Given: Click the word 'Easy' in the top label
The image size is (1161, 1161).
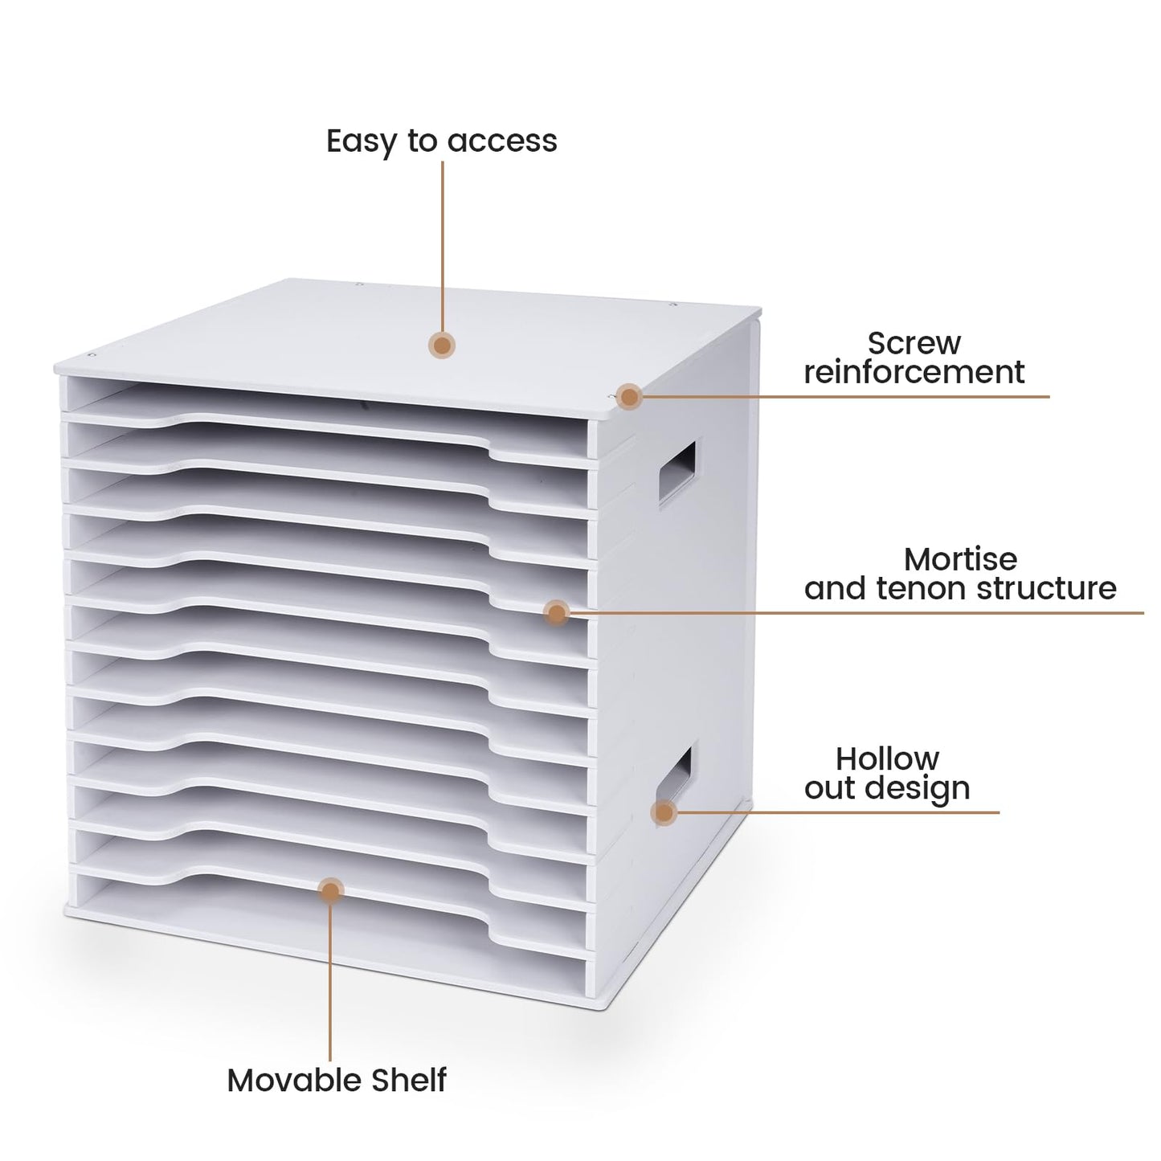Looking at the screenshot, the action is pyautogui.click(x=361, y=142).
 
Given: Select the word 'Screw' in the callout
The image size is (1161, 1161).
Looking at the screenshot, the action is pyautogui.click(x=914, y=343).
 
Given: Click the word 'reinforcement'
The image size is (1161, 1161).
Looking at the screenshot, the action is pyautogui.click(x=914, y=372).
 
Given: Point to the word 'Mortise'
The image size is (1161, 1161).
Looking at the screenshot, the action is pyautogui.click(x=960, y=560).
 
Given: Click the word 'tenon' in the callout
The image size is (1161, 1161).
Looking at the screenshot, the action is pyautogui.click(x=922, y=589).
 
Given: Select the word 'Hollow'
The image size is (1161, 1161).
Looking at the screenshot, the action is pyautogui.click(x=887, y=760).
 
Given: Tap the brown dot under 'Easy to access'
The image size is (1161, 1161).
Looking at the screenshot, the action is pyautogui.click(x=442, y=345).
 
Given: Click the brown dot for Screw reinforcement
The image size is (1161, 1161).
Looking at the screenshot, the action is pyautogui.click(x=630, y=397).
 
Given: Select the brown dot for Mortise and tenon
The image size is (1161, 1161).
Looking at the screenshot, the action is pyautogui.click(x=557, y=613).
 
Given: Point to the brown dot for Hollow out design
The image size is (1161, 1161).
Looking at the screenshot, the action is pyautogui.click(x=664, y=813).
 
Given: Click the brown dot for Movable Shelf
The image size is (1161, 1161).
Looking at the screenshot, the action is pyautogui.click(x=331, y=891).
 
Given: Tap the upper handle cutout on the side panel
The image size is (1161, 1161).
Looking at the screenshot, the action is pyautogui.click(x=677, y=472).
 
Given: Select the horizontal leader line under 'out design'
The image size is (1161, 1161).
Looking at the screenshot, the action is pyautogui.click(x=838, y=812).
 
